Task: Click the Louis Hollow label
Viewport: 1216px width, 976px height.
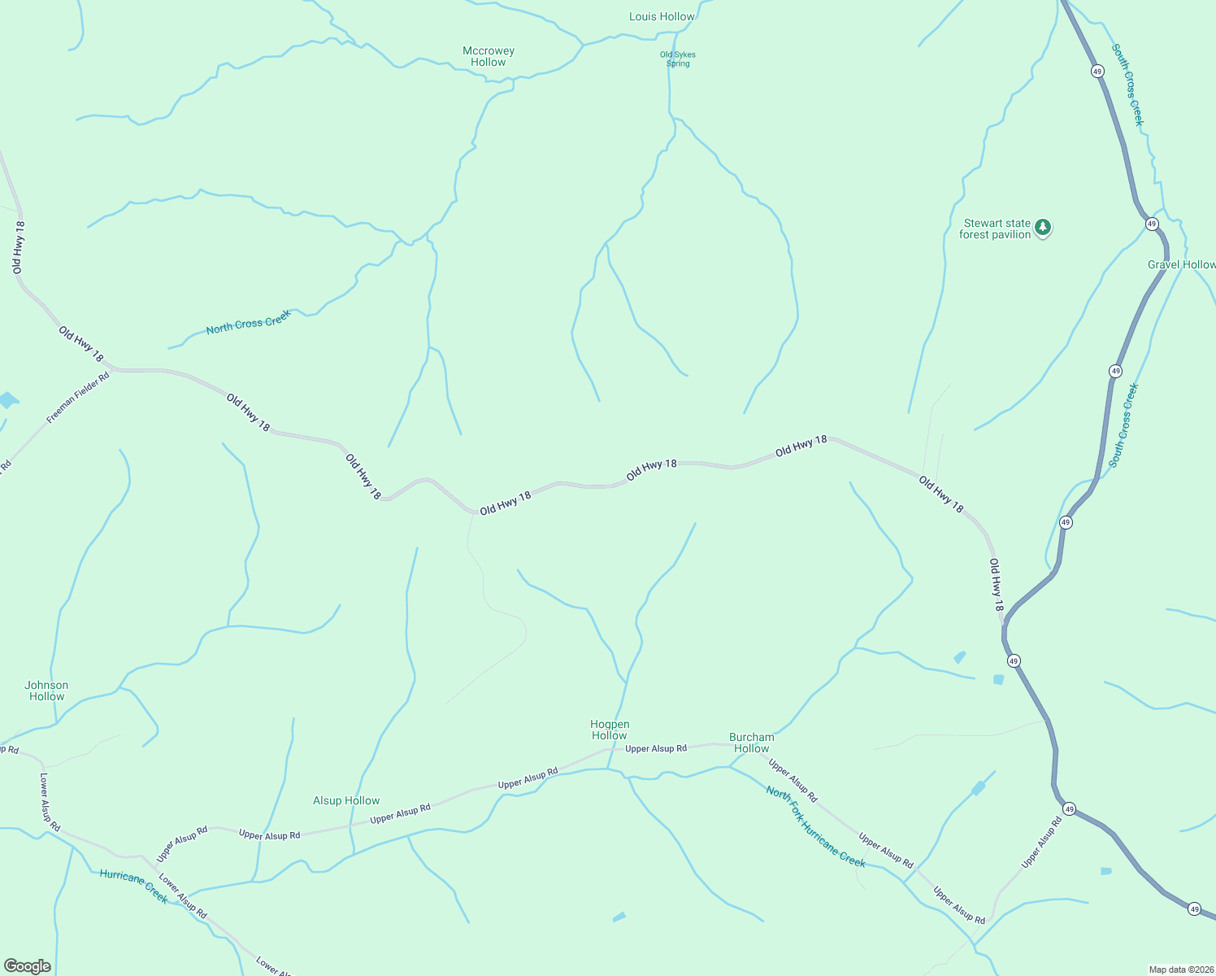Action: coord(662,16)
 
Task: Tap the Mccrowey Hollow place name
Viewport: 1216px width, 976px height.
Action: coord(489,56)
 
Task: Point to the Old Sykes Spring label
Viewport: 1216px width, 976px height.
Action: coord(677,59)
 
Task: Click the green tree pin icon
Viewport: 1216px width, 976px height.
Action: coord(1043,228)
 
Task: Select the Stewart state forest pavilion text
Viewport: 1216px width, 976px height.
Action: coord(996,229)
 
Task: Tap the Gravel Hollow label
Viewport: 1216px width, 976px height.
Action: coord(1181,264)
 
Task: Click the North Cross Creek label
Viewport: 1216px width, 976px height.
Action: coord(248,322)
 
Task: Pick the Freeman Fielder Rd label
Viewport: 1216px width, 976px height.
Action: coord(77,399)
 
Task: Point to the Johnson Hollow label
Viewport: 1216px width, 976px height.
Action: coord(46,691)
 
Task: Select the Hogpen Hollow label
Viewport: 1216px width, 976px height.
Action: coord(610,730)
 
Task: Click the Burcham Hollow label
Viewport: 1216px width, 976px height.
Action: coord(752,743)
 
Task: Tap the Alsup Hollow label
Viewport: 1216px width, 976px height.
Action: coord(346,800)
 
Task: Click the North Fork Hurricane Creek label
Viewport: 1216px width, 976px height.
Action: coord(815,826)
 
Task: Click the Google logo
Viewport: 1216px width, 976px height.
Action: coord(28,966)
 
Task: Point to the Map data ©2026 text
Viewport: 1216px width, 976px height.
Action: coord(1180,969)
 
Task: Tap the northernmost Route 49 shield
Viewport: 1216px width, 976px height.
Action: coord(1097,72)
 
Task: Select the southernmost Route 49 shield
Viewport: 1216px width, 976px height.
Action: coord(1193,908)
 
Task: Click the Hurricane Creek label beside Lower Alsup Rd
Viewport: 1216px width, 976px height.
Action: coord(133,886)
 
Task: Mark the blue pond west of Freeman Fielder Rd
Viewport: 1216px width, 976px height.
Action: coord(7,399)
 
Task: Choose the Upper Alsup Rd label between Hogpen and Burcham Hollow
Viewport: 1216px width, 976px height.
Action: coord(656,748)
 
